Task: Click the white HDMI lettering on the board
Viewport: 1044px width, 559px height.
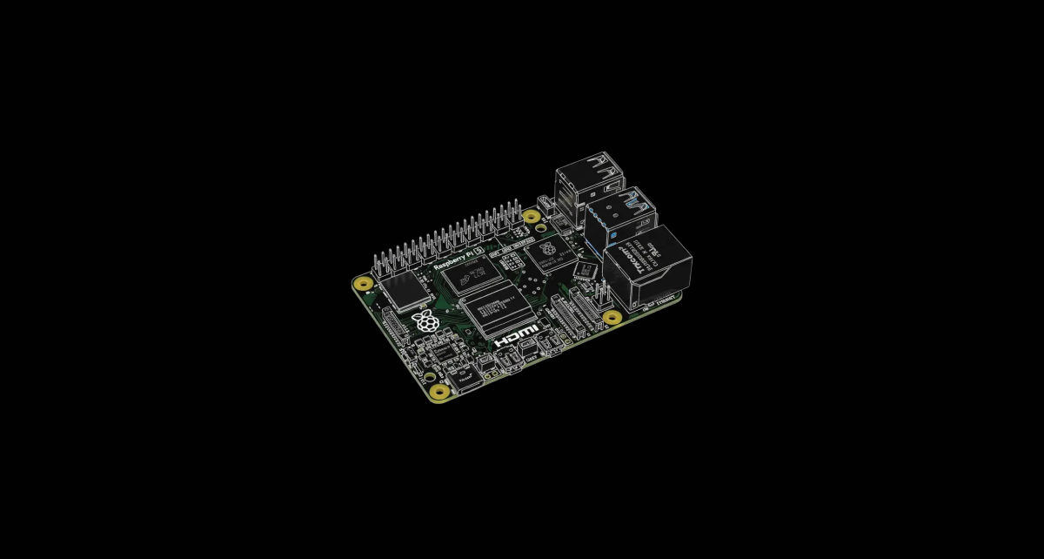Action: [x=517, y=338]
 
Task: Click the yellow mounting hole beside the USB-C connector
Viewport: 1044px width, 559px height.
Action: [x=440, y=394]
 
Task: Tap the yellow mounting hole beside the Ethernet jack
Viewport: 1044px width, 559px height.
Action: [x=612, y=317]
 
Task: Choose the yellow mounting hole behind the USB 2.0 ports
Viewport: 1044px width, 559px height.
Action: [x=531, y=216]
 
